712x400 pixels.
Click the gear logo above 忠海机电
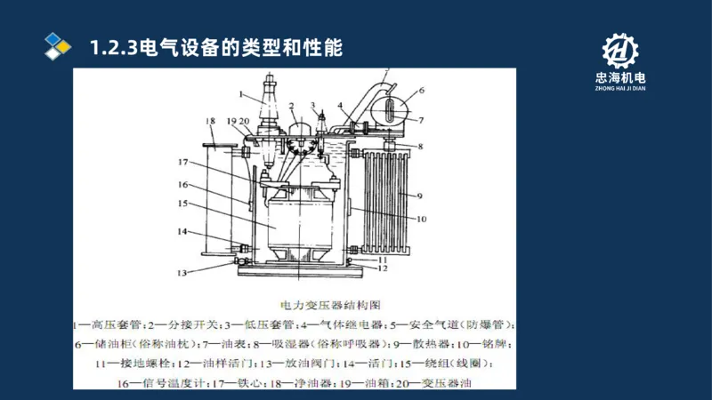622,53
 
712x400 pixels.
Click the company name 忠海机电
621,79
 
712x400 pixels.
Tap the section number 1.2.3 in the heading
113,47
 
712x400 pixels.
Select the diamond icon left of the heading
58,46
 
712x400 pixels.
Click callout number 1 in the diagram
241,92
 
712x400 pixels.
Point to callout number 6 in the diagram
422,90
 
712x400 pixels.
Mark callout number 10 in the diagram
421,218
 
